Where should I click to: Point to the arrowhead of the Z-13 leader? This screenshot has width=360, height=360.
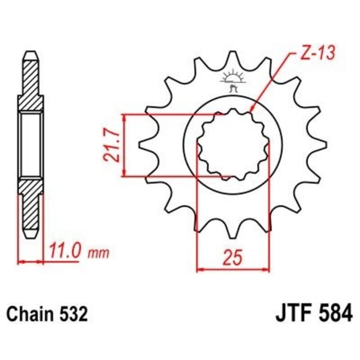(251, 110)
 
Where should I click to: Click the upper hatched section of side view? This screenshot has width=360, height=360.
(31, 81)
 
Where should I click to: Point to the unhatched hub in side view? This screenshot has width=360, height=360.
(31, 145)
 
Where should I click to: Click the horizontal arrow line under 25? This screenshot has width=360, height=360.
(233, 270)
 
